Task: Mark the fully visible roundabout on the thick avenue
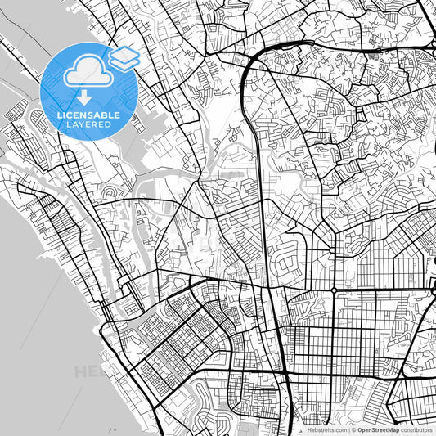pos(335,290)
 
